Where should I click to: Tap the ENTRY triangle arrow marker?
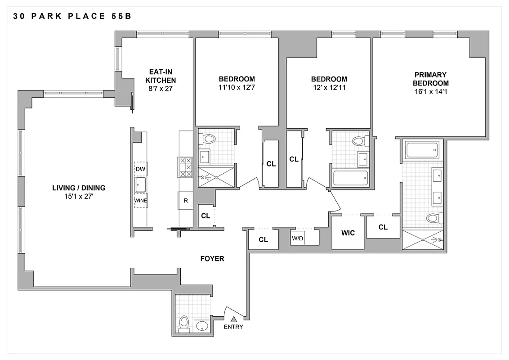233,319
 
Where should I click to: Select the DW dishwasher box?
140,168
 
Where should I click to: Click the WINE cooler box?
140,201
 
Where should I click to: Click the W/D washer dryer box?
298,238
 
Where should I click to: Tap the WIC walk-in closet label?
348,233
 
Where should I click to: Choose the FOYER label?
212,259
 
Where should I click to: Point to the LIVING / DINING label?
79,188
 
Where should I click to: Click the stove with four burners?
186,167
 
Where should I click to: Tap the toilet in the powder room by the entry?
184,323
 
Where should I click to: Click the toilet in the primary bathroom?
432,219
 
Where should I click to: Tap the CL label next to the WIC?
383,227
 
